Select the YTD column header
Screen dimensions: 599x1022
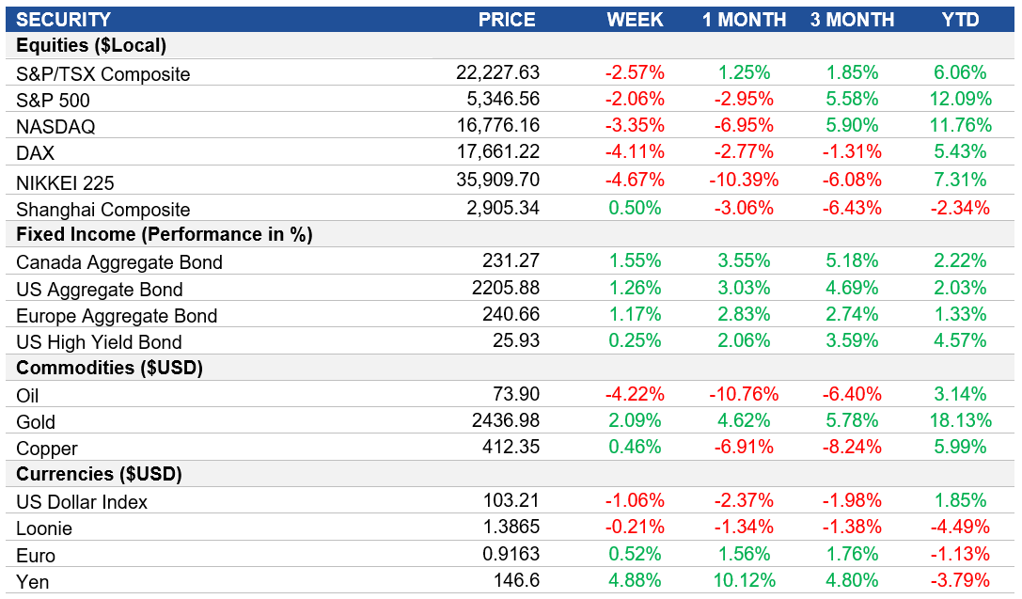(960, 20)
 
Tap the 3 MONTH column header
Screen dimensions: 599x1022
(853, 20)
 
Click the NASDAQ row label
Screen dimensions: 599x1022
(55, 127)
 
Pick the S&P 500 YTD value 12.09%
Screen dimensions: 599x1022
(960, 99)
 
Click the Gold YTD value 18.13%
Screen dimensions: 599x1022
(960, 421)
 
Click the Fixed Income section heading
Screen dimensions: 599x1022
(164, 234)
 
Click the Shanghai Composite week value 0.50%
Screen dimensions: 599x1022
(637, 208)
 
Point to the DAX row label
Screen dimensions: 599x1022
(36, 153)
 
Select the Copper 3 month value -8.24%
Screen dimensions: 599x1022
(852, 448)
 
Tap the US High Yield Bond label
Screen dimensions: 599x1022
(99, 342)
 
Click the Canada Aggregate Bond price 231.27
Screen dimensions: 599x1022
(512, 261)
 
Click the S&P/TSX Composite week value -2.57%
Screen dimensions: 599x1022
(635, 72)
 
